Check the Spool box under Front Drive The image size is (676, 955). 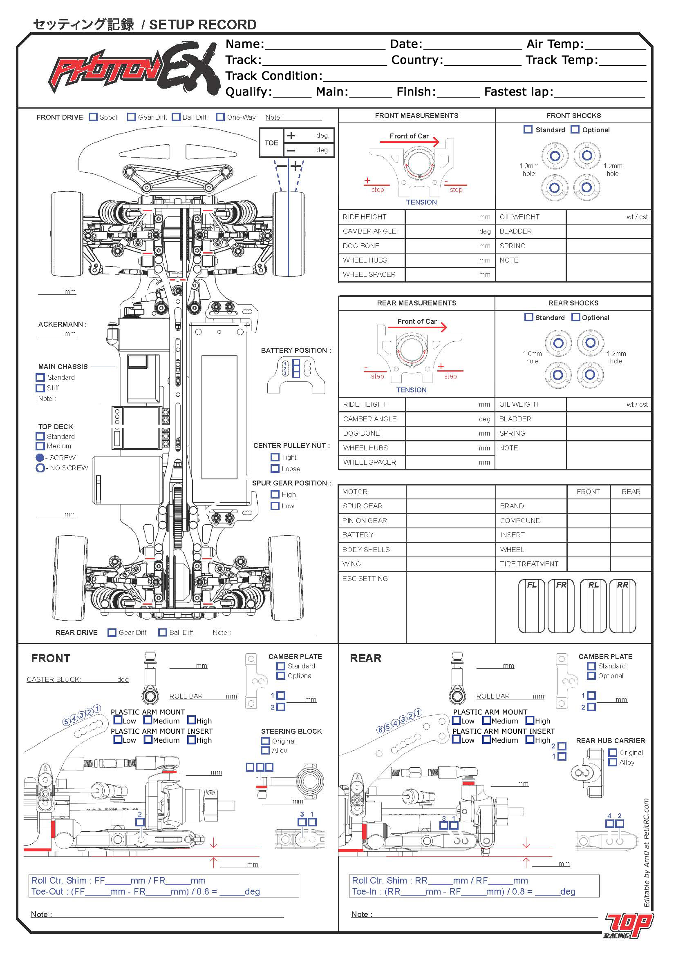tap(93, 117)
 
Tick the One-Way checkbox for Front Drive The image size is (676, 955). tap(220, 117)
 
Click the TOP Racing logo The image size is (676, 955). tap(628, 926)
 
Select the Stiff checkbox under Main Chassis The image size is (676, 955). tap(40, 388)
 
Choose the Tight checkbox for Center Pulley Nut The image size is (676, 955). tap(275, 457)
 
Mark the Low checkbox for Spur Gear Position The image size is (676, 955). tap(275, 506)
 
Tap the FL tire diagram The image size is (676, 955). tap(531, 606)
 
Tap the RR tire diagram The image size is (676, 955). tap(622, 606)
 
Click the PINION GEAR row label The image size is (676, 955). tap(364, 521)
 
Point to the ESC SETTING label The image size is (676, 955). tap(365, 579)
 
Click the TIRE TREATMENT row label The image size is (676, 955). tap(528, 564)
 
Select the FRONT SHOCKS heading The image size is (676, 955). tap(573, 116)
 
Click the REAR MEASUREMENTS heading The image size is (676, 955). tap(416, 303)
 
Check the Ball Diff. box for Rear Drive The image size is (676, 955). tap(163, 632)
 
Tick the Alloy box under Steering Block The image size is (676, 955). tap(265, 751)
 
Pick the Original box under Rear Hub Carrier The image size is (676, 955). tap(612, 752)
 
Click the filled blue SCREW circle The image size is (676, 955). tap(40, 458)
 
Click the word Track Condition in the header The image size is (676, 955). tap(273, 76)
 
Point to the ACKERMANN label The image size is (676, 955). tap(63, 325)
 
